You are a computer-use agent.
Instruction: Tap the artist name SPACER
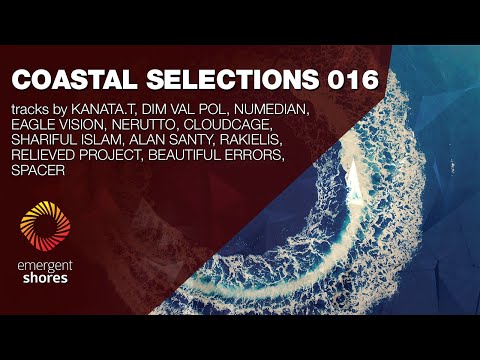(39, 171)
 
